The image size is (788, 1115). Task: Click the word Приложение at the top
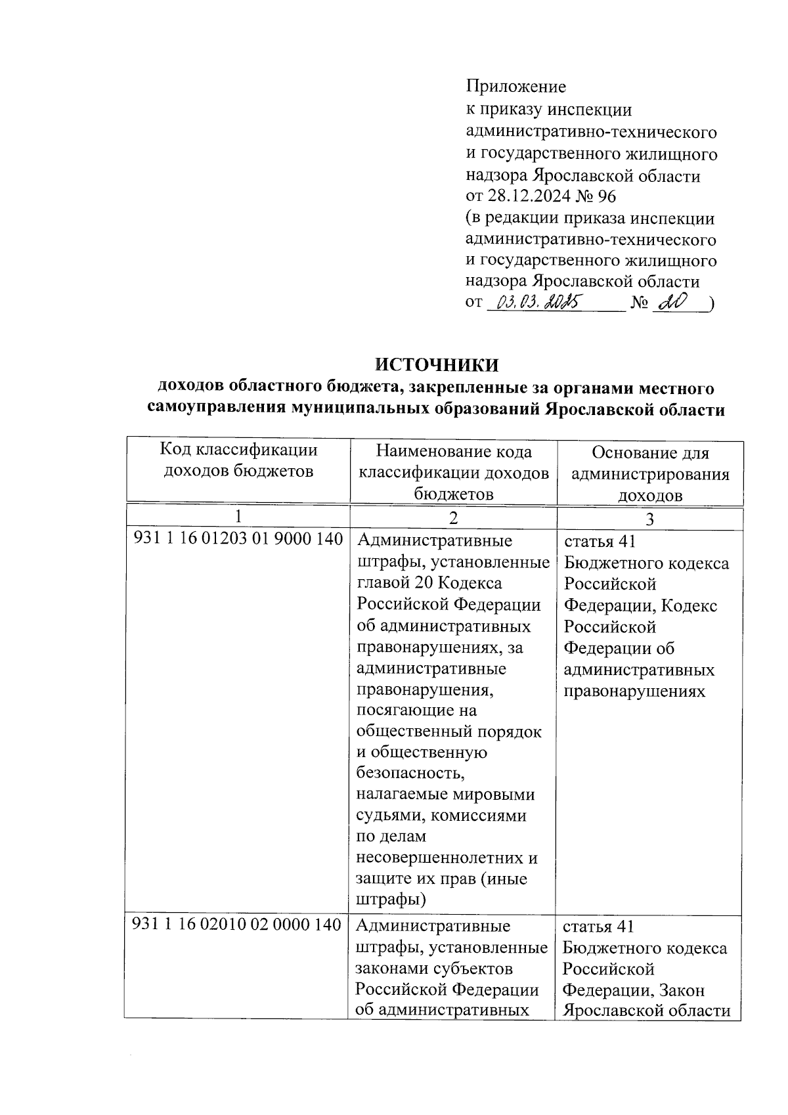pos(515,86)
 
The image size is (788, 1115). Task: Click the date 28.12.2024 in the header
pos(533,196)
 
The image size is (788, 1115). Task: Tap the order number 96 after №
pos(607,196)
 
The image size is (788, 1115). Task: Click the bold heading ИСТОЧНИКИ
pos(437,364)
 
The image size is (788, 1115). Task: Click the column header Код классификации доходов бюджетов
pos(238,461)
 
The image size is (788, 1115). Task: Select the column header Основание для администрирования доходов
pos(650,474)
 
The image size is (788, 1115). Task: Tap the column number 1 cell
pos(238,516)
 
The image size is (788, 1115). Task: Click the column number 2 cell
pos(453,517)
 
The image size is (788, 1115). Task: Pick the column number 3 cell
pos(649,519)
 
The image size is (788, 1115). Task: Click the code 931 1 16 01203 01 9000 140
pos(238,539)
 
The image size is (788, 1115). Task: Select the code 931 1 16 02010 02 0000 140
pos(237,925)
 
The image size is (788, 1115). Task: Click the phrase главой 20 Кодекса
pos(429,583)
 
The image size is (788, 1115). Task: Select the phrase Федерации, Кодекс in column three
pos(640,605)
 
